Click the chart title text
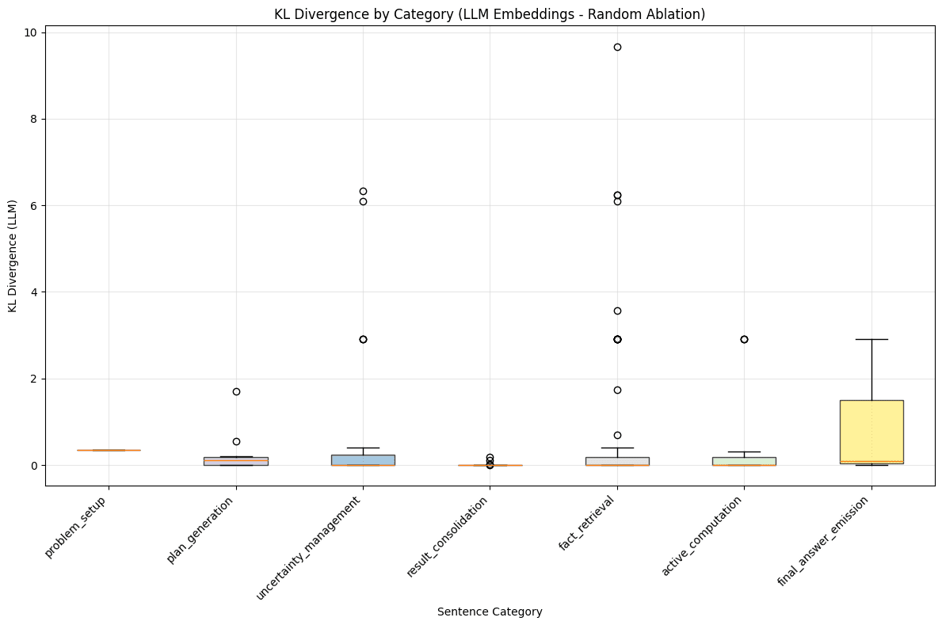(489, 13)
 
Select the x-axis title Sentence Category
(489, 612)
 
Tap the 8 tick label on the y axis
(32, 119)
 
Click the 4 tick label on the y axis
(32, 292)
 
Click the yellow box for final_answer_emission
(871, 428)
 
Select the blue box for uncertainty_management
(363, 459)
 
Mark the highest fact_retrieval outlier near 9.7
(617, 47)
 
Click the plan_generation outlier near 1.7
(236, 391)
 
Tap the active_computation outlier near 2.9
(744, 339)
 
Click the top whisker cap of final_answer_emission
(871, 339)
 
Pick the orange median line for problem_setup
(109, 450)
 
